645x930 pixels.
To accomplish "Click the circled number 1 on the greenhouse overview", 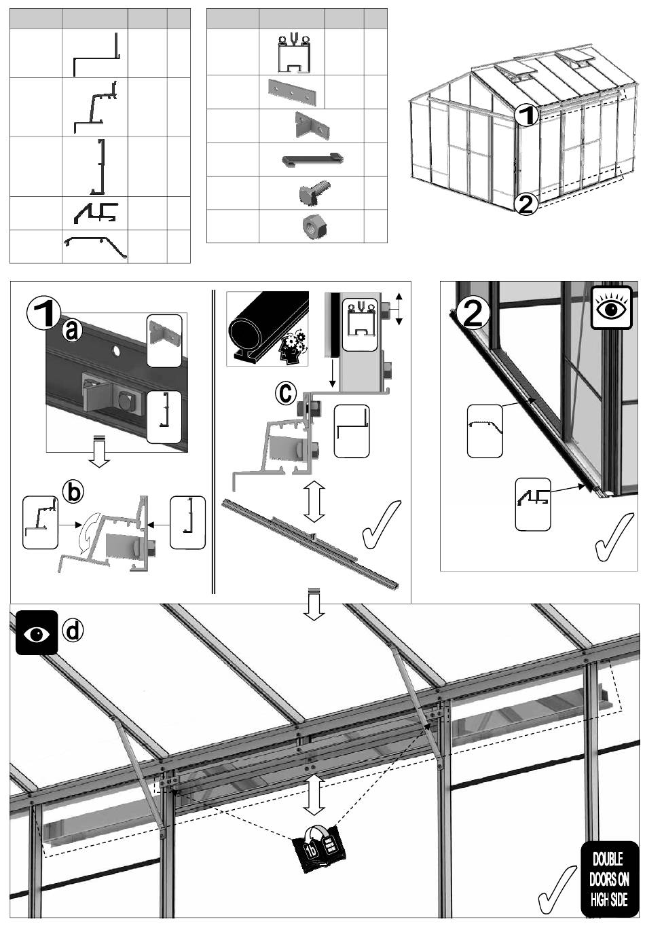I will pyautogui.click(x=526, y=114).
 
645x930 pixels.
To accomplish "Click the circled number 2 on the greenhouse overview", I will pyautogui.click(x=526, y=203).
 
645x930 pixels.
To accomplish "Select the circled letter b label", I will pyautogui.click(x=74, y=492).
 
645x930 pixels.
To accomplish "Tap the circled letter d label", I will pyautogui.click(x=73, y=630).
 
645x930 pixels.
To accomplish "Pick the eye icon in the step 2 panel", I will pyautogui.click(x=611, y=308).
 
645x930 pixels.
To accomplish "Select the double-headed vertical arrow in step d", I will pyautogui.click(x=312, y=792).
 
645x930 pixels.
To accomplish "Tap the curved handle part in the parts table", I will pyautogui.click(x=312, y=160).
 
